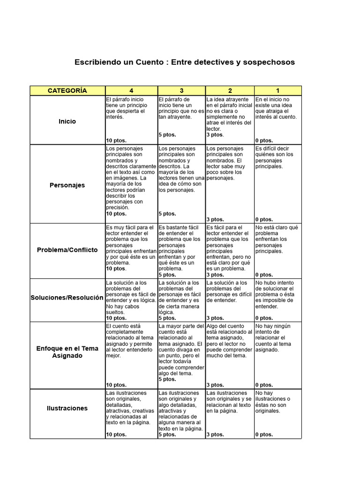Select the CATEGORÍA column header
[67, 90]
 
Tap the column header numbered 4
[131, 90]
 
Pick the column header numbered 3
[181, 90]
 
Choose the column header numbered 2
[230, 90]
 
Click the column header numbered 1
[277, 90]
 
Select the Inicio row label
[67, 121]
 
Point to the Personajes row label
[67, 185]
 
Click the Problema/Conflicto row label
[67, 250]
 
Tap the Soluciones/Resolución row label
[67, 298]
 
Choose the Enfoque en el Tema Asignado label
[67, 352]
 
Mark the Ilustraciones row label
[67, 408]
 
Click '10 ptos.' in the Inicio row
[116, 140]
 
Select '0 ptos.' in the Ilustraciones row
[264, 435]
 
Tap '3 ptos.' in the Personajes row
[215, 219]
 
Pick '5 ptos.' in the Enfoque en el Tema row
[167, 379]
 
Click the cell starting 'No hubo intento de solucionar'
[277, 295]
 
